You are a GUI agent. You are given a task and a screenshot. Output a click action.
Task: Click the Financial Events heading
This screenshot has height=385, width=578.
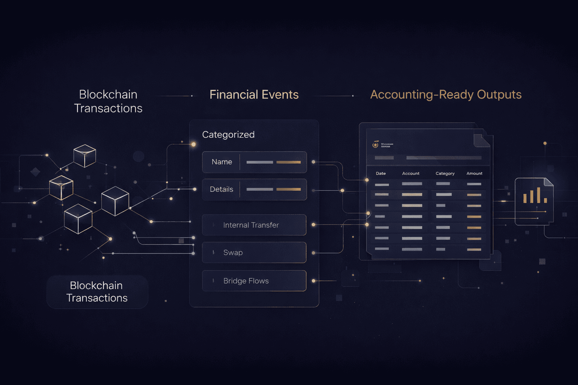coord(254,95)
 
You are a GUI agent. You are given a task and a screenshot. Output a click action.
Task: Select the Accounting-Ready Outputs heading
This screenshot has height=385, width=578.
coord(446,95)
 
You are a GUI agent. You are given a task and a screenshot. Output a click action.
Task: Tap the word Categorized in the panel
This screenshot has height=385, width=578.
coord(228,135)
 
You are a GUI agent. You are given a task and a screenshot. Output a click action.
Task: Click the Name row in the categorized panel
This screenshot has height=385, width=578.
coord(254,162)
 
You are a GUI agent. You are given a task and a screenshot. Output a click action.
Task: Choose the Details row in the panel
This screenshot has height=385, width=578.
coord(254,189)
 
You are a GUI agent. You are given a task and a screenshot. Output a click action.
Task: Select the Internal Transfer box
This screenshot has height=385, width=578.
coord(254,225)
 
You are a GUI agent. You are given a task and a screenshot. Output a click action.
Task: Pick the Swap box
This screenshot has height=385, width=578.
coord(254,252)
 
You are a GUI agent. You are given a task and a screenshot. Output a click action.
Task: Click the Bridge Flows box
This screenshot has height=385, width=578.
coord(254,281)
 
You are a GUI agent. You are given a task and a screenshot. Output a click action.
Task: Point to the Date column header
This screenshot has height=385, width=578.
coord(381,173)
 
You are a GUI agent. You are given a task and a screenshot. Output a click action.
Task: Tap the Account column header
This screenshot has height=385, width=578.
coord(411,173)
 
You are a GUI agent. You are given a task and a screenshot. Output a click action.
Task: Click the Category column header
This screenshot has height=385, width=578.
coord(445,173)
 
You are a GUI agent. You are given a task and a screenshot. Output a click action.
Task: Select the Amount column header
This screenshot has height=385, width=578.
coord(474,173)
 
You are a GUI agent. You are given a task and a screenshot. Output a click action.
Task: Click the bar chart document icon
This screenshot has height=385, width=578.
coord(534,201)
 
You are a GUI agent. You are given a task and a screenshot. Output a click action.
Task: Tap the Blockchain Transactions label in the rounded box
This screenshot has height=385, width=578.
coord(97,292)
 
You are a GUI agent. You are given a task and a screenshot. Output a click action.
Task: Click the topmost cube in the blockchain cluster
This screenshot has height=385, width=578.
coord(85,155)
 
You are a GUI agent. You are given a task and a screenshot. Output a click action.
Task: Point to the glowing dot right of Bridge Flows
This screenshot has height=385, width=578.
coord(313,281)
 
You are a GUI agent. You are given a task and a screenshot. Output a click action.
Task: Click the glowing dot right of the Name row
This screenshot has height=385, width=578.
coord(313,162)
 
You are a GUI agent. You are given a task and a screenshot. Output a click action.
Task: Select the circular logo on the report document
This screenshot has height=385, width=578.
coord(375,145)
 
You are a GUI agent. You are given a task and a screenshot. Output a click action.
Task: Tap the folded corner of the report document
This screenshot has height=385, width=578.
coord(482,140)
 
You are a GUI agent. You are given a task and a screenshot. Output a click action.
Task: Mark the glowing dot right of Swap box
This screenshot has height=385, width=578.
coord(313,253)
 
